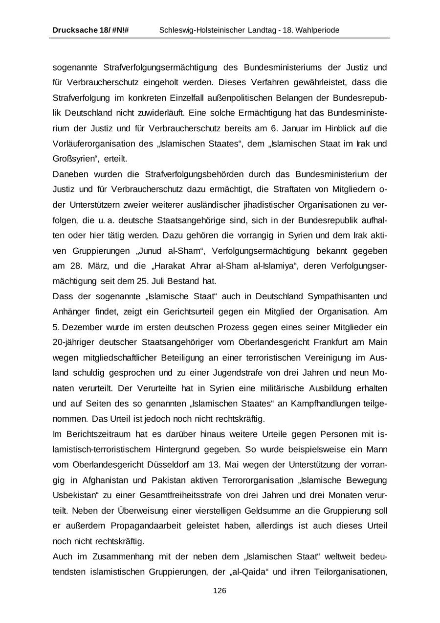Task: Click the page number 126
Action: pos(220,591)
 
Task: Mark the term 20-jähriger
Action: pos(73,342)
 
